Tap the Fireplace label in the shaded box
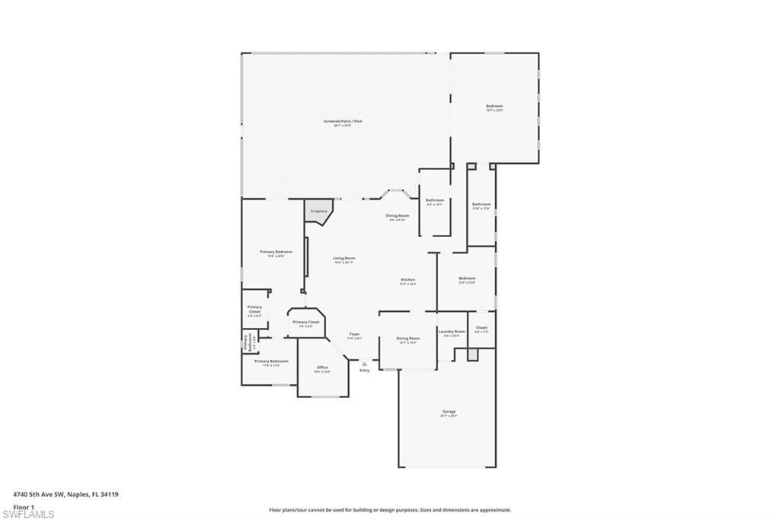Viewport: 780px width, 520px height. [318, 211]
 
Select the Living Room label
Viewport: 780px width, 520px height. [344, 258]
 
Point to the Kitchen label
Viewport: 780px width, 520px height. [408, 280]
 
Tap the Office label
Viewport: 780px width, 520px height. [323, 368]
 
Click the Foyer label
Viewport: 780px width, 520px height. [354, 334]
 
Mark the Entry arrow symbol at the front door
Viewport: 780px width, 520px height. [364, 364]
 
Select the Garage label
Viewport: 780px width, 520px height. [449, 412]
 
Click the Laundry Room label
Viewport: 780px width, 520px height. [452, 332]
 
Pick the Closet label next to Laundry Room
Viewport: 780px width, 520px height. [481, 328]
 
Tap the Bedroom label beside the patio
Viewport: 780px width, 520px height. [494, 106]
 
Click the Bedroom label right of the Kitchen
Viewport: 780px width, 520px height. [467, 278]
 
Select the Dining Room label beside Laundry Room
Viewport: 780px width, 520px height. [408, 339]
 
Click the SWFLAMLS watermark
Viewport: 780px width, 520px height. [28, 514]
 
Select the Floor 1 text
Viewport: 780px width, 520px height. [24, 506]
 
